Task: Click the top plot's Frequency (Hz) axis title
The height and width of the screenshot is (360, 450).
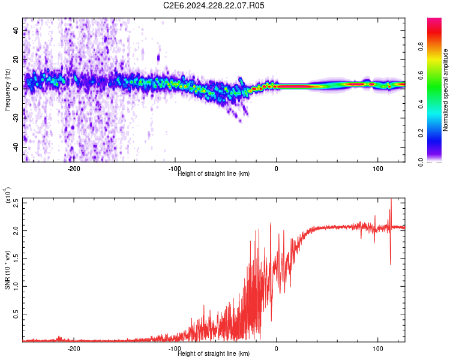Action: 8,90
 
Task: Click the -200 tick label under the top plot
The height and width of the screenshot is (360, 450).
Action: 74,169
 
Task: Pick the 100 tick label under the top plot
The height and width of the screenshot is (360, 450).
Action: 378,169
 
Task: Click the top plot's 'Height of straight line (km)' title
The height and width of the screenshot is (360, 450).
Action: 214,173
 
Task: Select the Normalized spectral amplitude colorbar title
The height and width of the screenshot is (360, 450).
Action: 446,90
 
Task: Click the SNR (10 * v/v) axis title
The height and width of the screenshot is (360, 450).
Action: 8,270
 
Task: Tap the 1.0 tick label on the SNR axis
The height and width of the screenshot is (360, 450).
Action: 16,286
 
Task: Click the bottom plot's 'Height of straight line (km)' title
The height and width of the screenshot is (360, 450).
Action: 214,353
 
